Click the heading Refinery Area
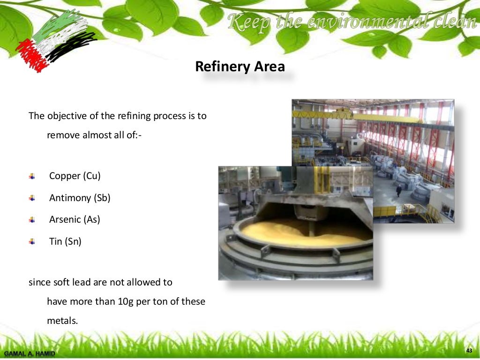[x=240, y=67]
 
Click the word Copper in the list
[x=65, y=176]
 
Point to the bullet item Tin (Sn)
[x=65, y=242]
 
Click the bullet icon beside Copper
[x=32, y=176]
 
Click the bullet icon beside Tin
[x=32, y=242]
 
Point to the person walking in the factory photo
[x=399, y=190]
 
